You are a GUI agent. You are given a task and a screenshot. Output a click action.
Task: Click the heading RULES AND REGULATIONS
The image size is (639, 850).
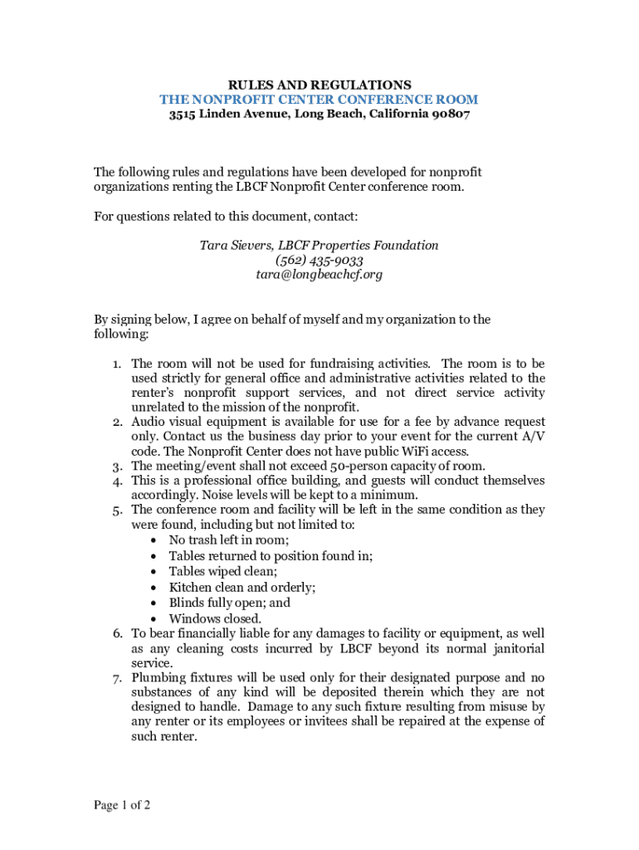pyautogui.click(x=319, y=85)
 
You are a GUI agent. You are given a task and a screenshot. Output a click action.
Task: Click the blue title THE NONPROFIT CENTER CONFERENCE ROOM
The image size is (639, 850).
pyautogui.click(x=319, y=100)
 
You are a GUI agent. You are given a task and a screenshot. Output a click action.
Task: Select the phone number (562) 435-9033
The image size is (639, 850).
pyautogui.click(x=319, y=261)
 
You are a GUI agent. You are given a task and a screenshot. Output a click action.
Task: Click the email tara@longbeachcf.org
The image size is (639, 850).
pyautogui.click(x=319, y=275)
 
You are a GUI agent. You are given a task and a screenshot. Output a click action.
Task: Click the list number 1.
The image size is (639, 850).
pyautogui.click(x=117, y=364)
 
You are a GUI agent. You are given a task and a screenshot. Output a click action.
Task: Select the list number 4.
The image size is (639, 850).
pyautogui.click(x=117, y=481)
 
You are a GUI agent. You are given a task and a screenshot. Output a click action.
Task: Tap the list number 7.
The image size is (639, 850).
pyautogui.click(x=117, y=678)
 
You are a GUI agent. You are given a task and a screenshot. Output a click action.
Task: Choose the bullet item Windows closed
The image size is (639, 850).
pyautogui.click(x=215, y=618)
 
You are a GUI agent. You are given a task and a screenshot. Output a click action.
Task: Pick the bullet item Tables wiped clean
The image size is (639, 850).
pyautogui.click(x=222, y=571)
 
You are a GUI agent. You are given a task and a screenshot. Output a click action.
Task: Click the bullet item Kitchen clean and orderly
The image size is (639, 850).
pyautogui.click(x=241, y=587)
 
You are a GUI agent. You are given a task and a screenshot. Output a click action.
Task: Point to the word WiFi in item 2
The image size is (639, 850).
pyautogui.click(x=398, y=452)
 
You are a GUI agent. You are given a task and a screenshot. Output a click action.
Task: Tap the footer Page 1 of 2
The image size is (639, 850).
pyautogui.click(x=121, y=805)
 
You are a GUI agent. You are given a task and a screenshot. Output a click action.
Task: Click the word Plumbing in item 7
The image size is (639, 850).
pyautogui.click(x=158, y=678)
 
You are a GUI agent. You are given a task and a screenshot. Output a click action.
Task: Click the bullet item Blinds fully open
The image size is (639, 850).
pyautogui.click(x=229, y=603)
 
